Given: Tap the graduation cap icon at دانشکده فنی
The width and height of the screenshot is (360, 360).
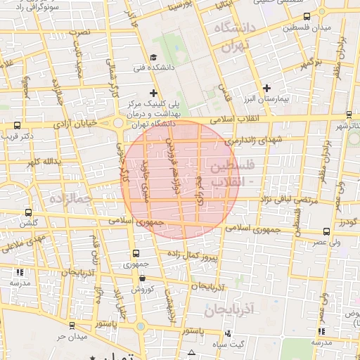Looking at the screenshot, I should point(153,58).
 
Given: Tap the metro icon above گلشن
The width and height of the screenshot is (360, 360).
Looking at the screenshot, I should point(28,212).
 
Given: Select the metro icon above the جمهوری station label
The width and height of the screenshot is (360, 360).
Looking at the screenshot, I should point(136,254).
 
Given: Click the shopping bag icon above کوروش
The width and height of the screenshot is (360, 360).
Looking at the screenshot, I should point(143,278).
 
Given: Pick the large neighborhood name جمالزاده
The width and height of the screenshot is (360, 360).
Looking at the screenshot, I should point(67,200).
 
